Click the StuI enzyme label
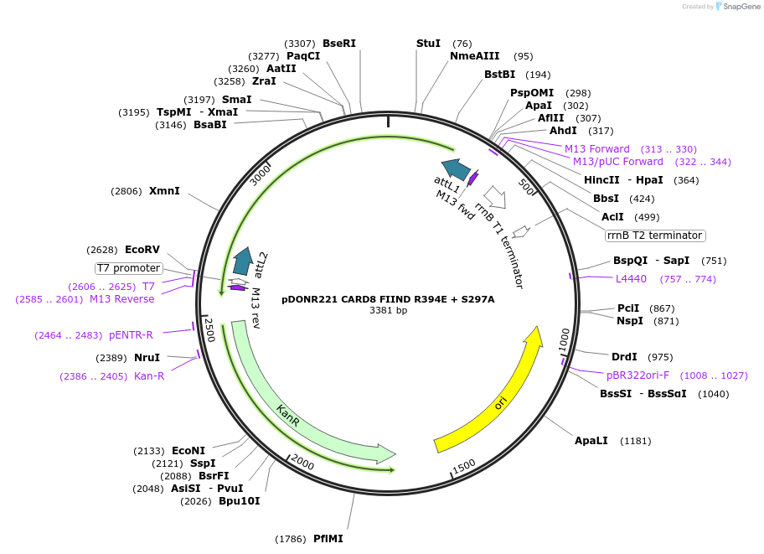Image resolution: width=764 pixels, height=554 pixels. pos(428,44)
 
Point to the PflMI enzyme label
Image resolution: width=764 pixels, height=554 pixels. pos(328,539)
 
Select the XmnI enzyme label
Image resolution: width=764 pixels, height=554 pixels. pos(164,191)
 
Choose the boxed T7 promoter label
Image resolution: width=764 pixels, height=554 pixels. pos(128,268)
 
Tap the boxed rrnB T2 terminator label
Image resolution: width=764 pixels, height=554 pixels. pos(655,236)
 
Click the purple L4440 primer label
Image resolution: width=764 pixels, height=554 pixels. pos(631,279)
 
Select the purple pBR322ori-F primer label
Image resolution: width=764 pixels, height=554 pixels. pos(638,375)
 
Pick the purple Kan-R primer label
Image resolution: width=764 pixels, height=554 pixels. pos(149,376)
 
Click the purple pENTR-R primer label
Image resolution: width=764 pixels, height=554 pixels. pos(131,335)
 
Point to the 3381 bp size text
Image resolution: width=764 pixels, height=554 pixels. pos(388,311)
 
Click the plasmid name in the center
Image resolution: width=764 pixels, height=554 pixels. pos(388,298)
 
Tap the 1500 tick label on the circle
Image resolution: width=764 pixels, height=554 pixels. pos(463,466)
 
